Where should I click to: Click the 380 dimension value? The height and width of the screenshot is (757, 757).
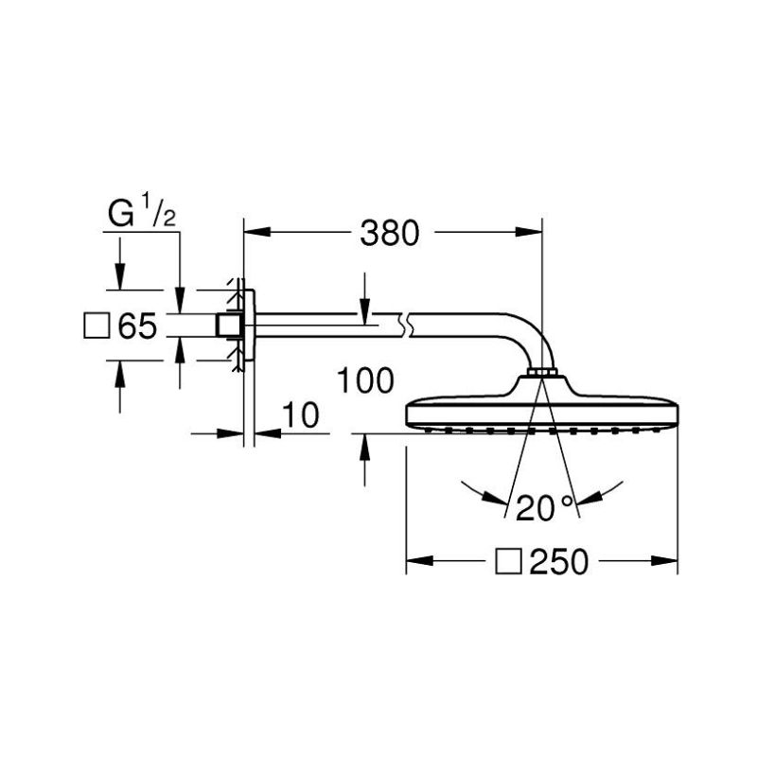[390, 233]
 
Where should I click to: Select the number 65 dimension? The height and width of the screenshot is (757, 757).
[137, 326]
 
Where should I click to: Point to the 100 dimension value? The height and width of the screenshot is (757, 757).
[365, 380]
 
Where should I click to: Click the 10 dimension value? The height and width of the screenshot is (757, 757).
[300, 414]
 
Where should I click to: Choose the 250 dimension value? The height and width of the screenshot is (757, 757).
[559, 561]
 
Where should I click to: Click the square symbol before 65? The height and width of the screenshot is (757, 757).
[97, 326]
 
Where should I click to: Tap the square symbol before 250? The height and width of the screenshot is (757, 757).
[508, 561]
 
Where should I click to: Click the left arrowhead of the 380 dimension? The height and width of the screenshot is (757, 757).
[256, 232]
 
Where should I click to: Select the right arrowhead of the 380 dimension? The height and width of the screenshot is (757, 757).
[529, 232]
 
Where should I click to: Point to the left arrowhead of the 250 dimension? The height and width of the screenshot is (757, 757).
[419, 561]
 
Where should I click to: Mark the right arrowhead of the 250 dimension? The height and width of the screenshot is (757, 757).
[665, 561]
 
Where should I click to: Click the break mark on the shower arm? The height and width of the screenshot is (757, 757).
[405, 326]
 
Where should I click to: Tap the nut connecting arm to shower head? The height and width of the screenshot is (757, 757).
[542, 372]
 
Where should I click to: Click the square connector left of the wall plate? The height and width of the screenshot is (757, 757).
[229, 326]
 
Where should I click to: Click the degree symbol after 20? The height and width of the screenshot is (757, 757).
[567, 501]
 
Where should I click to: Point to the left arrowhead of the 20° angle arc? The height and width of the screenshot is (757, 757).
[495, 499]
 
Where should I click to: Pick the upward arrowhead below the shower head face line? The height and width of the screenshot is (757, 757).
[365, 447]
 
